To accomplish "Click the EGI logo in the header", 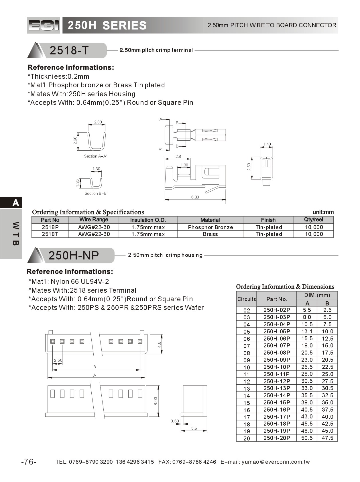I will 44,25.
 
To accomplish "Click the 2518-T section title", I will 69,50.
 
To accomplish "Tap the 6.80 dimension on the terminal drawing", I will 195,197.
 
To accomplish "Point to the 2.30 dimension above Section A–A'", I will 98,122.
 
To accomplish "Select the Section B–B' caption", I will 96,193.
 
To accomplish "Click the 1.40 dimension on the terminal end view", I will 267,144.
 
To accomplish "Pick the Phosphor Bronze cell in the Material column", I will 210,227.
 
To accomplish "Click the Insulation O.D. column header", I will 148,220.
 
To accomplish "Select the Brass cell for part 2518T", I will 210,234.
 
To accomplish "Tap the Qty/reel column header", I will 313,220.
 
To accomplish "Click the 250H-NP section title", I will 74,255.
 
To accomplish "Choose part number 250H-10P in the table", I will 276,367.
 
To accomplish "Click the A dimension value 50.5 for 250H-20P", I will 307,438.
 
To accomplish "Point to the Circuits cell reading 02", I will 246,310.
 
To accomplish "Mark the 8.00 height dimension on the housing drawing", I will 156,401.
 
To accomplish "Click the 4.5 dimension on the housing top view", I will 159,344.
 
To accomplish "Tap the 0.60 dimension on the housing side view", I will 175,421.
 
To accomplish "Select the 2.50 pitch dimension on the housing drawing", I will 58,360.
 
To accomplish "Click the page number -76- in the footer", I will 29,462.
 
